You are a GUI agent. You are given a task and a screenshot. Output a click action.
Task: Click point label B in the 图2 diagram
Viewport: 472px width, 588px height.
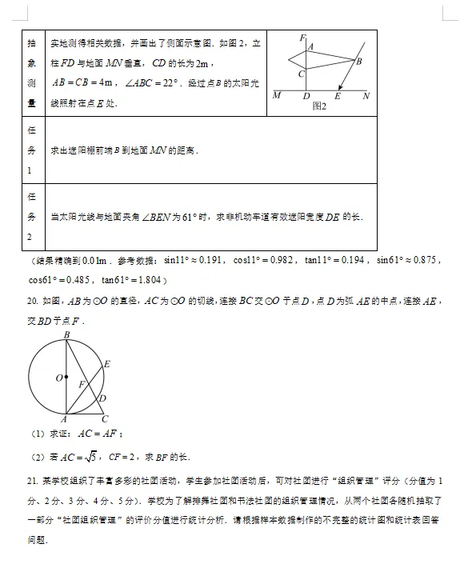click(359, 62)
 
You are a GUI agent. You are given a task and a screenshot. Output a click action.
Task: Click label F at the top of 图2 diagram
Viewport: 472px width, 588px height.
click(302, 38)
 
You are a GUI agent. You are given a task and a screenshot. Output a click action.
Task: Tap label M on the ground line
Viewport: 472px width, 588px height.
click(277, 96)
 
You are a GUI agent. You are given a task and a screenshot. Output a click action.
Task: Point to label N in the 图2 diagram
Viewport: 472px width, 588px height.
click(366, 96)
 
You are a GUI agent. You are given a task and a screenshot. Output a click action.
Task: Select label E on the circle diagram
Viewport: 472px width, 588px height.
click(106, 365)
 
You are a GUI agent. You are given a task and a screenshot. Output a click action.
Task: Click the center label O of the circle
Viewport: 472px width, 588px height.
click(58, 378)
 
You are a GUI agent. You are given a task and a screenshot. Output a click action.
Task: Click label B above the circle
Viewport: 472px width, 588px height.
click(66, 334)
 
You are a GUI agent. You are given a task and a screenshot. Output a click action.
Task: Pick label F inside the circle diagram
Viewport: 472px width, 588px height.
click(82, 385)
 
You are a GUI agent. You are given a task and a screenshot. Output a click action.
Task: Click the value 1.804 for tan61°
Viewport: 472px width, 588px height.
click(150, 280)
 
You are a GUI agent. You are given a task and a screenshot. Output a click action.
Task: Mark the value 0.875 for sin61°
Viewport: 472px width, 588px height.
click(424, 261)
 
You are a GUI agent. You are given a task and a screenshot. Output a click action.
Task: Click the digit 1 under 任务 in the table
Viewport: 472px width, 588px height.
click(33, 170)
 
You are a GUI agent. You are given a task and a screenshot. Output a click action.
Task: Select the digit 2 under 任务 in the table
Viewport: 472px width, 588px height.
click(33, 237)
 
